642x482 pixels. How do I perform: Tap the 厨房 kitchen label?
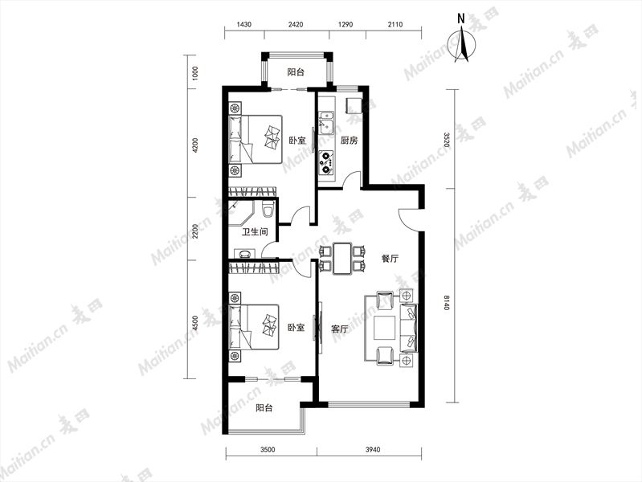tap(349, 141)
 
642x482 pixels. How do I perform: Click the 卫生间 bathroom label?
tap(255, 232)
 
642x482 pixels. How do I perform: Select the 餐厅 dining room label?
tap(390, 259)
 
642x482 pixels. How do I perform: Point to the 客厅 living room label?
tap(339, 329)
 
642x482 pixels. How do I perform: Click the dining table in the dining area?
tap(342, 258)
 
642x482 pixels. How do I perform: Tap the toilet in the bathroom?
tap(268, 209)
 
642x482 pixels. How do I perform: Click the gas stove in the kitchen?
tap(326, 161)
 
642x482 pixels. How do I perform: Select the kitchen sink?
tap(326, 122)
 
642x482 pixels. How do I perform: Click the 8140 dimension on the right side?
tap(446, 302)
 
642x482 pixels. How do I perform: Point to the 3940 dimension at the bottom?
tap(372, 450)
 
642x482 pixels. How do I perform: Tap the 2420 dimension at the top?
tap(296, 25)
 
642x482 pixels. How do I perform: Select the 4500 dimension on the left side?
tap(195, 323)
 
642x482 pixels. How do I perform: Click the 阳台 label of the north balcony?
tap(296, 72)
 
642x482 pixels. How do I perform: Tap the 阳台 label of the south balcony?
tap(264, 408)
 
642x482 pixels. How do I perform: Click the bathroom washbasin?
tap(245, 253)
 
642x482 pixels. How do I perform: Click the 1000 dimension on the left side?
tap(195, 73)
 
